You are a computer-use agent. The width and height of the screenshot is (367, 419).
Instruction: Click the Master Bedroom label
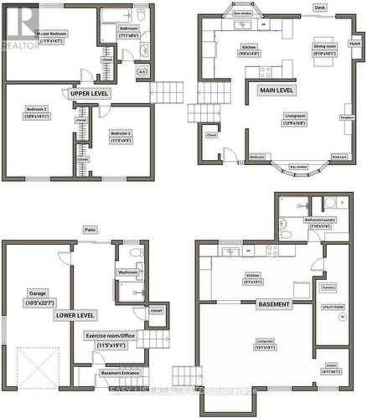(53, 34)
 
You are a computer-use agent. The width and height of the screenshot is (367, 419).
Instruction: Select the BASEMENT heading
(274, 303)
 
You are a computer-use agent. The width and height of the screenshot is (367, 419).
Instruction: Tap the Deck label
(320, 7)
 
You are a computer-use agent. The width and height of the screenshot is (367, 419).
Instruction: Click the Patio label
(89, 230)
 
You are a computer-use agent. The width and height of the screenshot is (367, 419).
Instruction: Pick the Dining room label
(301, 49)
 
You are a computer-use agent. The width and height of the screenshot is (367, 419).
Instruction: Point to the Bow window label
(243, 14)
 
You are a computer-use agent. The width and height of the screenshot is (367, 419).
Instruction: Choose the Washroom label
(127, 272)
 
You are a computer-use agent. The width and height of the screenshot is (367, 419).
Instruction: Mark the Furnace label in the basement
(329, 288)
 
